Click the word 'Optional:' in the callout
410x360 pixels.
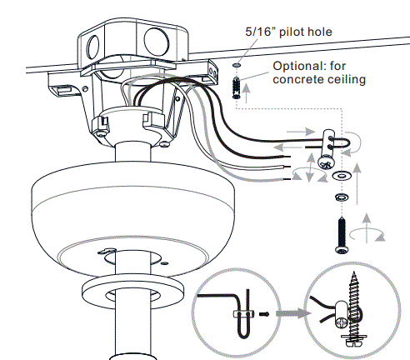[299, 65]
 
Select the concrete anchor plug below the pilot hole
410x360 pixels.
[237, 85]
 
